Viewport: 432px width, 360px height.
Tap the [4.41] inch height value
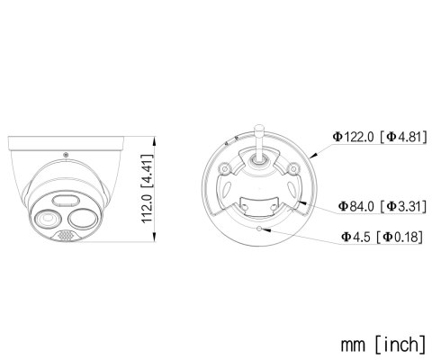click(157, 168)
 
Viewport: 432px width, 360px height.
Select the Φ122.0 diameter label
click(354, 137)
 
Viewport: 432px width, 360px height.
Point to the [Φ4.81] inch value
click(402, 137)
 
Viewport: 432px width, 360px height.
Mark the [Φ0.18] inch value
click(400, 237)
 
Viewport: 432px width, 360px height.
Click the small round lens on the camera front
click(45, 217)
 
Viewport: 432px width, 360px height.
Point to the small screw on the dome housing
click(68, 155)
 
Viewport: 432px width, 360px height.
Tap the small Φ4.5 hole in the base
click(259, 229)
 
